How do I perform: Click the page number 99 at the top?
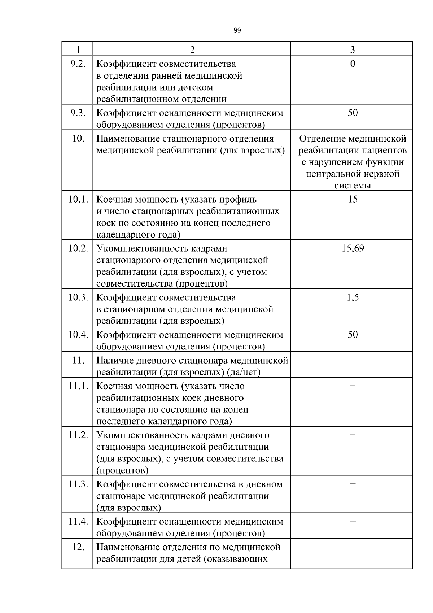point(237,31)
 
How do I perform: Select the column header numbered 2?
point(192,50)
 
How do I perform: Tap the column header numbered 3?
point(353,50)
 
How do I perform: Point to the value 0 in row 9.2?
point(353,64)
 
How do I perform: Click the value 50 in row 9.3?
point(353,113)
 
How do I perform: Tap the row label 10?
point(78,139)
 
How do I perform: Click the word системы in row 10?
point(353,186)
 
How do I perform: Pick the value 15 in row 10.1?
point(353,199)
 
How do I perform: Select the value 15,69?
point(353,248)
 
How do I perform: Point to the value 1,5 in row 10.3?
point(353,297)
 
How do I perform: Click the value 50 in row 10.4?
point(353,335)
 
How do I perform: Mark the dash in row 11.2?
point(353,435)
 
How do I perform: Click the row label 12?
point(78,547)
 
